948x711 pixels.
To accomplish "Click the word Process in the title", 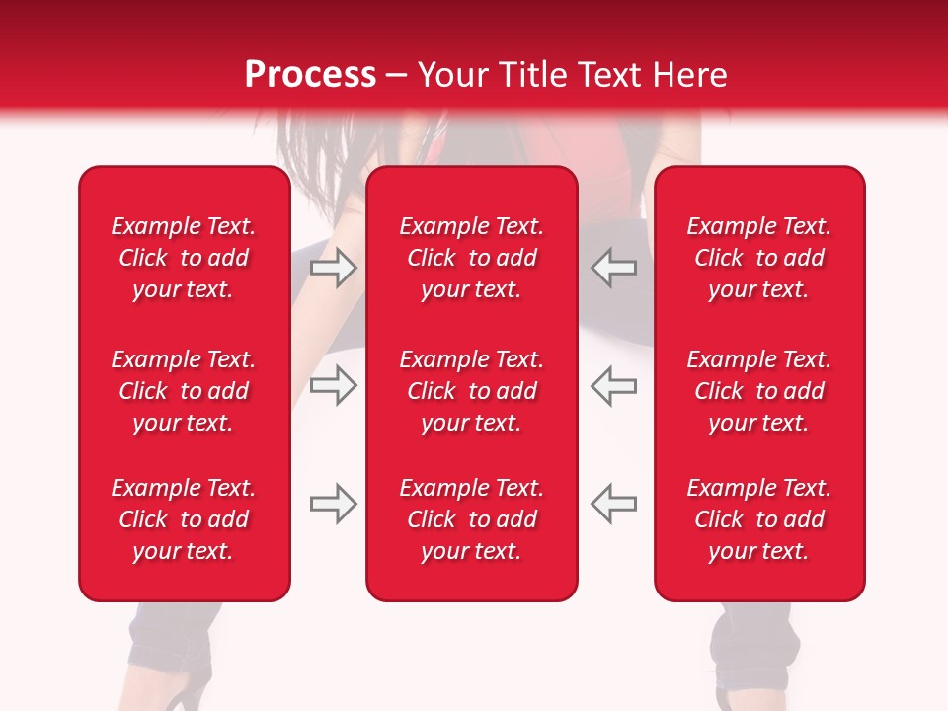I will point(310,75).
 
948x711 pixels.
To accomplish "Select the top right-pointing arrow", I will point(333,268).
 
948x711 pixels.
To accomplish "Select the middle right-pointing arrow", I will point(333,385).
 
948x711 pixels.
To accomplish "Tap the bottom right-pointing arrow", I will point(333,504).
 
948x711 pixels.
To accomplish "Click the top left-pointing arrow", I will point(614,268).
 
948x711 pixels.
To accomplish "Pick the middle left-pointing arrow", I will point(614,385).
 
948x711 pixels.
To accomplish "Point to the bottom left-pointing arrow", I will point(614,504).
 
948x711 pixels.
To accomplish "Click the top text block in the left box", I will point(184,258).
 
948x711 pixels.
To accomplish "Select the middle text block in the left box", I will point(184,391).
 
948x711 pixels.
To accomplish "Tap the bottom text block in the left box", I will point(184,519).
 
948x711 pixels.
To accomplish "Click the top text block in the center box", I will point(471,258).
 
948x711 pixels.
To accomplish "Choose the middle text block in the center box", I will point(471,391).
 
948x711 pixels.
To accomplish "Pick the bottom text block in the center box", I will point(471,519).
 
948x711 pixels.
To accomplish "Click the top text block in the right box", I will point(758,258).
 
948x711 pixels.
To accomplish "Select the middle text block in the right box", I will point(758,391).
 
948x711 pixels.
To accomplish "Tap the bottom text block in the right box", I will point(758,519).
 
